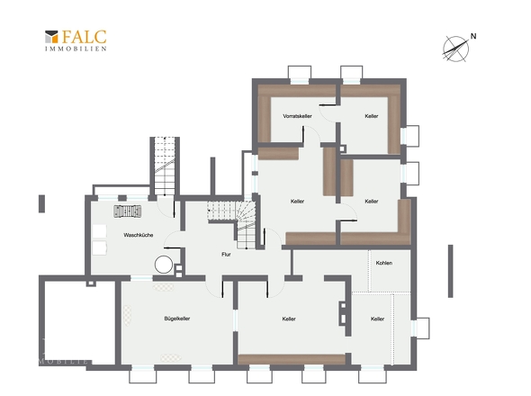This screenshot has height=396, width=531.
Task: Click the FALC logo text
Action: pos(84,37)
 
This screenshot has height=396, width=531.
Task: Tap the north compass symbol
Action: pos(455,49)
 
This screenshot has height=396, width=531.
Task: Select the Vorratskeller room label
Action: pos(297,116)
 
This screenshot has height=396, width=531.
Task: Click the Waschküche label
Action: pos(139,235)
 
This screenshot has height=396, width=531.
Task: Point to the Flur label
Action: pos(226,254)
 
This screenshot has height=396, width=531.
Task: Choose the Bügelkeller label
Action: pos(176,319)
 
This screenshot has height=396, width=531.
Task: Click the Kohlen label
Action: pos(384,263)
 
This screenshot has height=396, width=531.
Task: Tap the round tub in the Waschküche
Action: pos(164,265)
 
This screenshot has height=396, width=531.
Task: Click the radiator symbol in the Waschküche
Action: pos(128,211)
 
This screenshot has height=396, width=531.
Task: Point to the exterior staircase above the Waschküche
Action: pos(165,166)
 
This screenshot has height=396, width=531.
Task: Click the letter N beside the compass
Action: pos(473,36)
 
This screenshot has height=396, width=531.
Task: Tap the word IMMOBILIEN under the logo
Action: pos(76,49)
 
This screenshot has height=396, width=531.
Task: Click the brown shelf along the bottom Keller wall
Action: pos(292,359)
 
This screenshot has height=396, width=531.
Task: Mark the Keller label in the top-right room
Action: pos(372,116)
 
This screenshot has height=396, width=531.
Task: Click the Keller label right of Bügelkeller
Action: pos(289,319)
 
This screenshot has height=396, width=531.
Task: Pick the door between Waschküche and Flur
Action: pos(174,239)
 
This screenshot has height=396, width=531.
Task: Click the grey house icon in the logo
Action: pos(51,37)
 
